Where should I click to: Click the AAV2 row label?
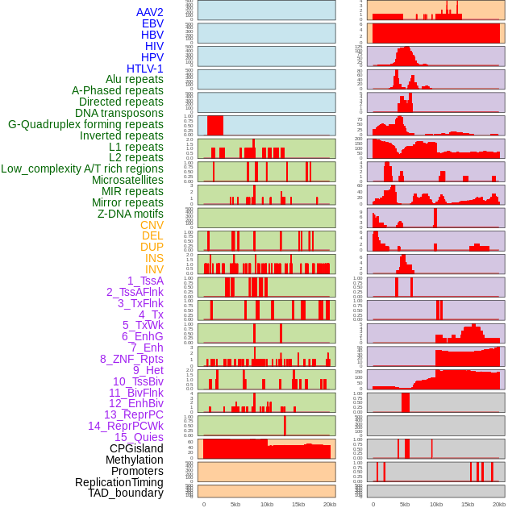(149, 12)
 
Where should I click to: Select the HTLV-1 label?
(144, 69)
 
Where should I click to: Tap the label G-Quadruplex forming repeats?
(85, 124)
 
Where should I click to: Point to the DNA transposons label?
(119, 113)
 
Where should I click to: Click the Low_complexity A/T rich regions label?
(82, 169)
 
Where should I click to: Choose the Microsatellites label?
(127, 180)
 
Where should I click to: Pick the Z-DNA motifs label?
(130, 214)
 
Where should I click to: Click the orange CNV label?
(152, 225)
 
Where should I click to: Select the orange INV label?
(154, 269)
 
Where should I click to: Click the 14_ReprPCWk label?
(125, 426)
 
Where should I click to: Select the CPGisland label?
(136, 448)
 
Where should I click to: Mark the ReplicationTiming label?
(119, 482)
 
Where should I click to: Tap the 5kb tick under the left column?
(235, 504)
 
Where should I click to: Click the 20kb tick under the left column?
(329, 504)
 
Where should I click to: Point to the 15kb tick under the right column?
(468, 504)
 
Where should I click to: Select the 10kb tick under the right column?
(436, 504)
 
